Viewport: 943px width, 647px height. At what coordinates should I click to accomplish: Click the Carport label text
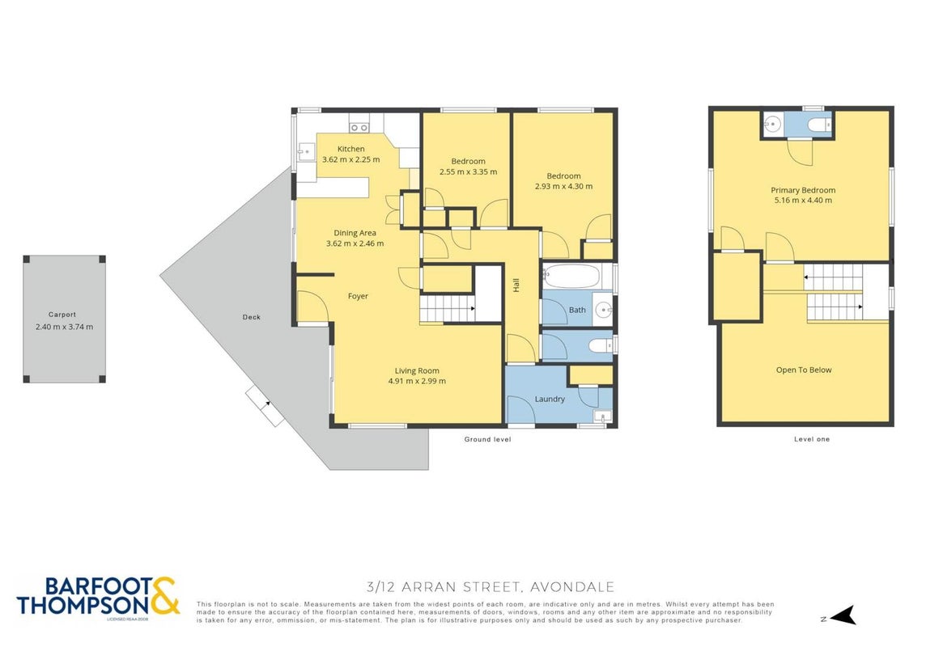pyautogui.click(x=62, y=314)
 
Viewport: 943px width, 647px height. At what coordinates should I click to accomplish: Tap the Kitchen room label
pyautogui.click(x=350, y=149)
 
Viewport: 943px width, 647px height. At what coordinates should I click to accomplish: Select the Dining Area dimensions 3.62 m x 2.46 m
pyautogui.click(x=355, y=243)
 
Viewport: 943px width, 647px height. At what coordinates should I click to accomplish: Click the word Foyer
pyautogui.click(x=358, y=296)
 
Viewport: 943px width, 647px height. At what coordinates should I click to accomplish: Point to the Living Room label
pyautogui.click(x=417, y=370)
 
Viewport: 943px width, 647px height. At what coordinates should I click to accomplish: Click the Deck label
pyautogui.click(x=252, y=317)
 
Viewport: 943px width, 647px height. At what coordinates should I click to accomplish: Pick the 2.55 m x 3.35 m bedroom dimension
pyautogui.click(x=468, y=171)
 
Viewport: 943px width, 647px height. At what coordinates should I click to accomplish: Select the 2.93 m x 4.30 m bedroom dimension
pyautogui.click(x=563, y=186)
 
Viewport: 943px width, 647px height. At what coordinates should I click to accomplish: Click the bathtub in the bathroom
pyautogui.click(x=571, y=277)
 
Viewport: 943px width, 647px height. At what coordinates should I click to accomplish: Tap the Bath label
pyautogui.click(x=577, y=310)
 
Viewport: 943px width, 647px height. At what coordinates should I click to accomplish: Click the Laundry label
pyautogui.click(x=550, y=399)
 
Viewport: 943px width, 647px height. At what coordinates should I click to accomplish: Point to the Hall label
pyautogui.click(x=516, y=285)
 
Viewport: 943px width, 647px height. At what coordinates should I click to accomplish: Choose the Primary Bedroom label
pyautogui.click(x=803, y=190)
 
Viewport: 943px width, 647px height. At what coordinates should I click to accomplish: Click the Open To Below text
pyautogui.click(x=804, y=370)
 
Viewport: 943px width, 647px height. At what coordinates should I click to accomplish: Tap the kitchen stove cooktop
pyautogui.click(x=359, y=127)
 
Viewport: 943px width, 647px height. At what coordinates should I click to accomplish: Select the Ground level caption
pyautogui.click(x=487, y=439)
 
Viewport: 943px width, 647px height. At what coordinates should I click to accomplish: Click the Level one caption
pyautogui.click(x=811, y=439)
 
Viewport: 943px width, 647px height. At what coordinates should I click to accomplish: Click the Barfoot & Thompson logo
pyautogui.click(x=98, y=597)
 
